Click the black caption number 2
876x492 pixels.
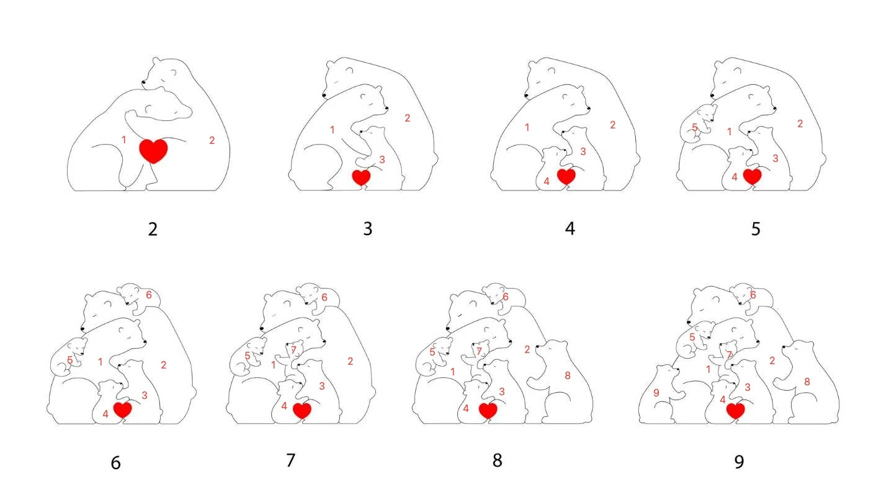[153, 229]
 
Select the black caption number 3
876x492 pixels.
[368, 229]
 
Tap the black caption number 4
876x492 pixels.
[570, 229]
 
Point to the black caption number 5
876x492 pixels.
[756, 229]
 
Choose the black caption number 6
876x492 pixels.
[116, 463]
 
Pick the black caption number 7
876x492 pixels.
[290, 460]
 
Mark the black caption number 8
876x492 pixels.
[498, 461]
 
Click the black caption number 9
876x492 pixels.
[739, 462]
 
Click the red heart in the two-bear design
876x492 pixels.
[153, 151]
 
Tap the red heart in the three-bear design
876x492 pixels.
[361, 177]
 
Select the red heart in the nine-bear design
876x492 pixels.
[736, 411]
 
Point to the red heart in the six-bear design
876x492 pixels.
[123, 410]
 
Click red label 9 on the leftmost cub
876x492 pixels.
[656, 393]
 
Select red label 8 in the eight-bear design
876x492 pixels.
[568, 376]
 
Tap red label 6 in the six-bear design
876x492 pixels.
[149, 295]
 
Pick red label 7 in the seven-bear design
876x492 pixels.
[293, 350]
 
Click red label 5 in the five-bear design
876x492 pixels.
[695, 127]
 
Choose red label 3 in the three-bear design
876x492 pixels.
[382, 159]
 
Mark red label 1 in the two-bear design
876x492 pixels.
[124, 140]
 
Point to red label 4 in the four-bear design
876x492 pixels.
[547, 181]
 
